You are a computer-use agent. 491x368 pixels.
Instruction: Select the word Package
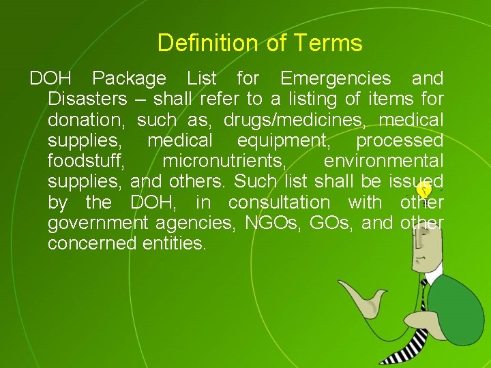pyautogui.click(x=129, y=78)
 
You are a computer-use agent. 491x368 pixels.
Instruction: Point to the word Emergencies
pyautogui.click(x=336, y=78)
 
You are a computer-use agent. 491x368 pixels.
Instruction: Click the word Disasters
pyautogui.click(x=87, y=99)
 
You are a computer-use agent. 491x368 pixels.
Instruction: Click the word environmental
pyautogui.click(x=383, y=162)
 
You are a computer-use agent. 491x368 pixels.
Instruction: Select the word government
pyautogui.click(x=98, y=223)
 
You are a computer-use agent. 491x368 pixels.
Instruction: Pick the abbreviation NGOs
pyautogui.click(x=269, y=223)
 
